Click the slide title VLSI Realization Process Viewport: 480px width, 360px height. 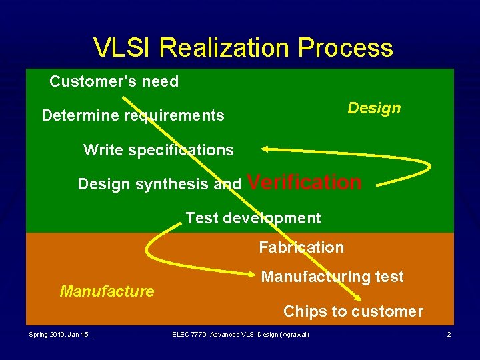(243, 48)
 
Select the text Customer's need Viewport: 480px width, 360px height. (114, 82)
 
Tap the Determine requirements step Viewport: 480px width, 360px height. (133, 116)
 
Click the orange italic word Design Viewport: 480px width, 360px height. (374, 108)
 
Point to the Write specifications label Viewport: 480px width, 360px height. (158, 150)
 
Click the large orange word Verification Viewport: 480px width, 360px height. (305, 182)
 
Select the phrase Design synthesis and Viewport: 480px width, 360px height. (159, 184)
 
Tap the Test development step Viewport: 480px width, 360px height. (253, 218)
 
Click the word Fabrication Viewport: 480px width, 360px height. (301, 247)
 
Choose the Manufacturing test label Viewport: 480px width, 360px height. (332, 277)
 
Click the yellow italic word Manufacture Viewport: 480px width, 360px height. (107, 291)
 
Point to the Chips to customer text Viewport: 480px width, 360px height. (353, 311)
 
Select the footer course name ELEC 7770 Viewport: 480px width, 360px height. (188, 334)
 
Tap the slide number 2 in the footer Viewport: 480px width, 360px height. (449, 334)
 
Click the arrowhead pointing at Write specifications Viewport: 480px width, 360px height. (266, 149)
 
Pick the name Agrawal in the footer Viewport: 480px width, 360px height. (293, 334)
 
